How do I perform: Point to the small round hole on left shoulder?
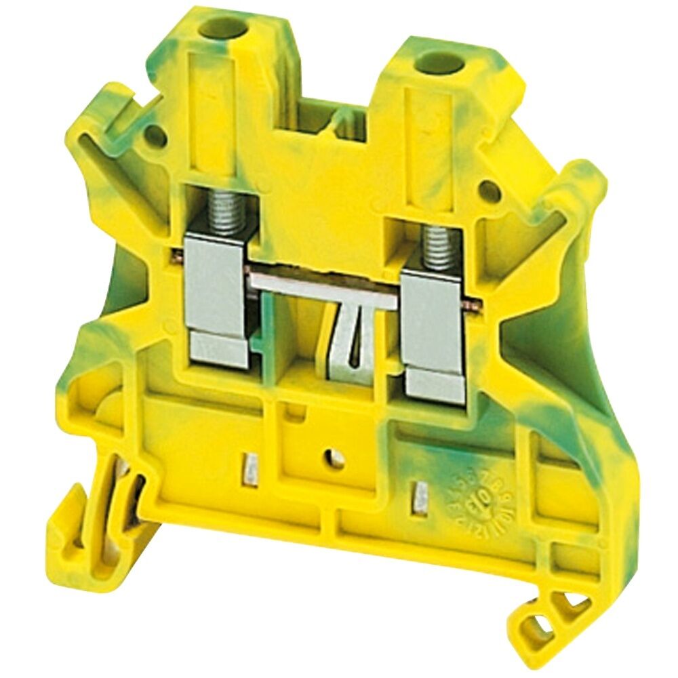(x=154, y=138)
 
